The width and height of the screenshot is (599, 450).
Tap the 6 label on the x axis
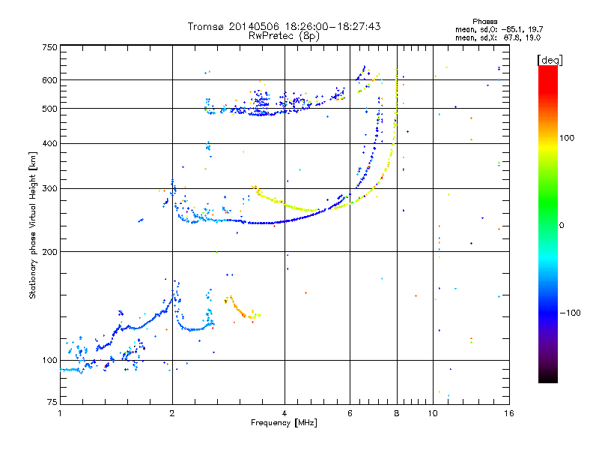(x=350, y=413)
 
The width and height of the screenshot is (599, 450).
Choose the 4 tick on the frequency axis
(x=285, y=413)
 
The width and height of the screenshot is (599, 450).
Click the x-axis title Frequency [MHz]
(x=284, y=423)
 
